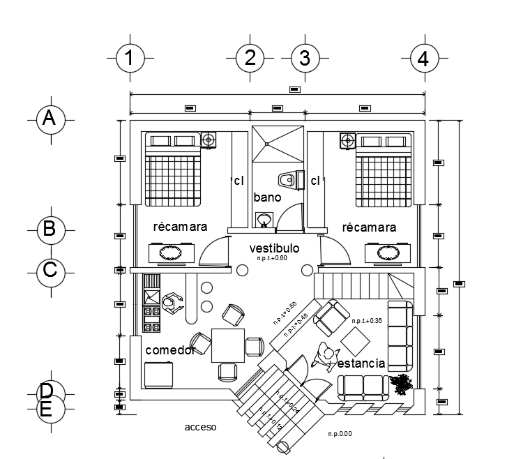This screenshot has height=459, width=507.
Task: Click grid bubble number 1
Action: [129, 59]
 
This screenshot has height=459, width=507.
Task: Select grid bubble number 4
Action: [423, 60]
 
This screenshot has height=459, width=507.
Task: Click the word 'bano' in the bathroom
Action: [267, 197]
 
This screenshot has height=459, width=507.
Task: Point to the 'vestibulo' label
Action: [274, 248]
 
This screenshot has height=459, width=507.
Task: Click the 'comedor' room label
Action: [169, 350]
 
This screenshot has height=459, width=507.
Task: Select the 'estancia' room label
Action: [361, 363]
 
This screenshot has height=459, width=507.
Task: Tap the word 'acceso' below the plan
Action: [202, 426]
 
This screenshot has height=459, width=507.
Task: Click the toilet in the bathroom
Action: [288, 180]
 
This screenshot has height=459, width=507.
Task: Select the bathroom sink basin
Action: [264, 220]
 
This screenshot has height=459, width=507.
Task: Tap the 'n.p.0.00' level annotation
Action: [340, 434]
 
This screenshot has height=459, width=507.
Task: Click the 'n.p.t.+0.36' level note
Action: [367, 321]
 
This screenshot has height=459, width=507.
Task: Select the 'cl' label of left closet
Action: [239, 181]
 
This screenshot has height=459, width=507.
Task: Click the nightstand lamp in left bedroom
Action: [208, 140]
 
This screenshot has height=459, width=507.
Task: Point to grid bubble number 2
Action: [250, 59]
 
